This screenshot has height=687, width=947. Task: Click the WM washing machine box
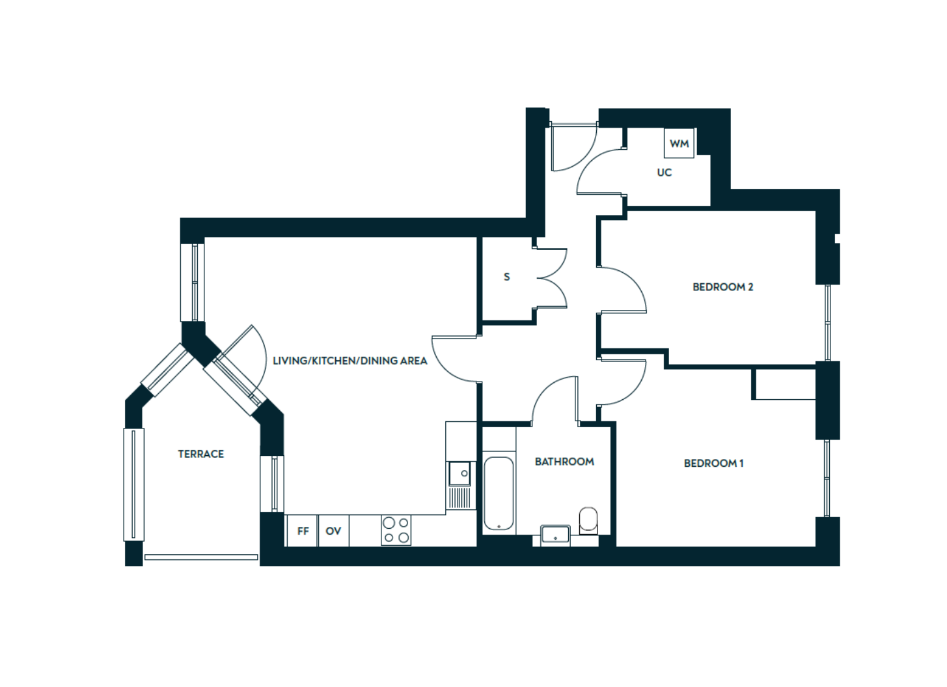click(x=679, y=143)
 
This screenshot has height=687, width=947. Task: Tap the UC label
click(x=664, y=173)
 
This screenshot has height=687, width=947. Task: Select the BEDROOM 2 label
click(x=722, y=287)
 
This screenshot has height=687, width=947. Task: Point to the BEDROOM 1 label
click(x=713, y=464)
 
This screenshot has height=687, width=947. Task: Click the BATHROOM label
click(x=564, y=462)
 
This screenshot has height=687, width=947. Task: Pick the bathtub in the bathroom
click(x=499, y=494)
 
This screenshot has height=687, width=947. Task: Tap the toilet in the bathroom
click(x=588, y=520)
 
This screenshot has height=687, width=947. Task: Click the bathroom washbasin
click(x=555, y=535)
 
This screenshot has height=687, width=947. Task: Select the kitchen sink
click(x=460, y=473)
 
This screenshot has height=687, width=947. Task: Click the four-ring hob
click(x=396, y=530)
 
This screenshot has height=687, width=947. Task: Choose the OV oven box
click(x=333, y=531)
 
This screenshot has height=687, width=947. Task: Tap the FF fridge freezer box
click(x=303, y=531)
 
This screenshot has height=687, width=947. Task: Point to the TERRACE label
click(x=200, y=454)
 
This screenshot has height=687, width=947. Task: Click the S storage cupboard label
click(x=507, y=277)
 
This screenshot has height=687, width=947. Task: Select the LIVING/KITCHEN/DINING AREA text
click(x=350, y=361)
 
